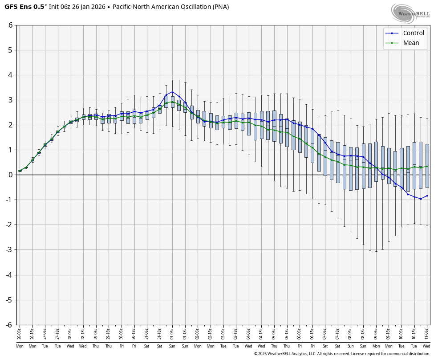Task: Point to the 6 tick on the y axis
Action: click(10, 25)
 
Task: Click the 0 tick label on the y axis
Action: click(10, 175)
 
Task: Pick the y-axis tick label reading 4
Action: click(10, 75)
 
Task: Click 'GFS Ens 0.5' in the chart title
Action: click(24, 7)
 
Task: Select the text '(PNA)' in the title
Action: click(220, 7)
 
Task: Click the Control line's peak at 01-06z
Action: click(172, 92)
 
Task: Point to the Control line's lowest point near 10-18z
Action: click(421, 199)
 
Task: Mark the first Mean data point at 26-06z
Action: click(20, 171)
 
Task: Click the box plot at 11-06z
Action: click(427, 166)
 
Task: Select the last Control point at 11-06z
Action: click(427, 196)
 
